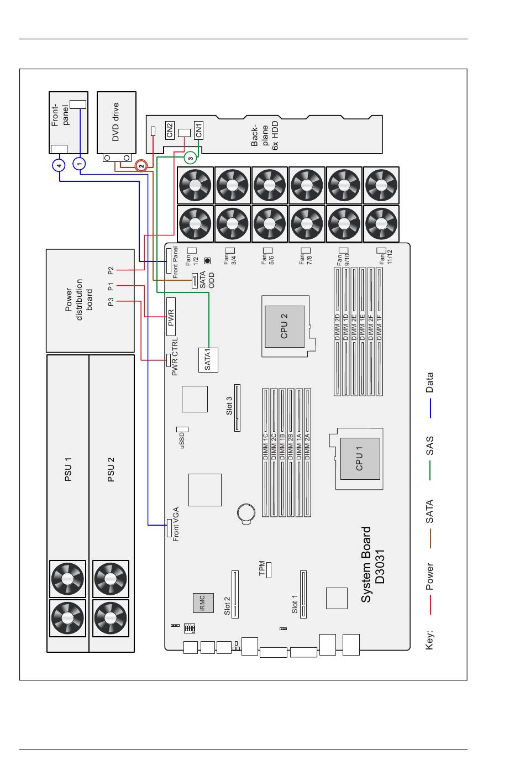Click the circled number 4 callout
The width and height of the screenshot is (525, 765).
point(59,165)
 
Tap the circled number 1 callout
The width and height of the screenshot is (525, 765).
point(80,164)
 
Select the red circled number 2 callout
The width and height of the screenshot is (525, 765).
point(141,166)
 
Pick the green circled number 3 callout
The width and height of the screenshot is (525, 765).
point(191,158)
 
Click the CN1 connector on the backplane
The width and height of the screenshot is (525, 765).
point(198,130)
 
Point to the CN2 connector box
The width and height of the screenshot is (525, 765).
point(170,130)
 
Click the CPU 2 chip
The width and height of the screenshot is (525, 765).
point(285,327)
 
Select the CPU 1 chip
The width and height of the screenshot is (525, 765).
point(360,459)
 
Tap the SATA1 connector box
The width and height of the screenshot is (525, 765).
point(208,360)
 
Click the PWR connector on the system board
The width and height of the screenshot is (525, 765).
point(171,317)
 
